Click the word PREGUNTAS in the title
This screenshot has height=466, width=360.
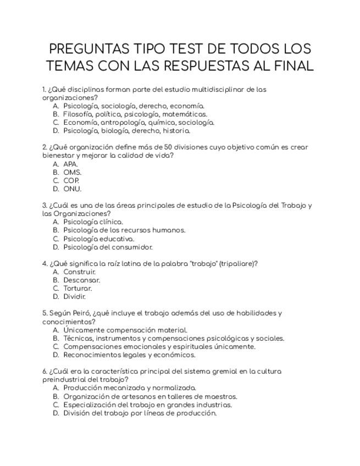pos(88,48)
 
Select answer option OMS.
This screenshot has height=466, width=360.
pos(72,172)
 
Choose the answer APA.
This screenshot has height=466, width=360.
pos(70,164)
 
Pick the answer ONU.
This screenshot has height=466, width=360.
pos(72,189)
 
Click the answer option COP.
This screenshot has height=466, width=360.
pos(71,181)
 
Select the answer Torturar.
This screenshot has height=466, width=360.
pos(77,289)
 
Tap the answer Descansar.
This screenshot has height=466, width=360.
pos(82,280)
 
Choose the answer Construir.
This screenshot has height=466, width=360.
pos(80,272)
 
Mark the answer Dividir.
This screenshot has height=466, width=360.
pos(75,297)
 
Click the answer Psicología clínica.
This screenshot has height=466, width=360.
pos(93,222)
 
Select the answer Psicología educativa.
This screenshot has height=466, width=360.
pos(98,239)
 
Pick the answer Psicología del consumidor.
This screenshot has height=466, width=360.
pos(108,247)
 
